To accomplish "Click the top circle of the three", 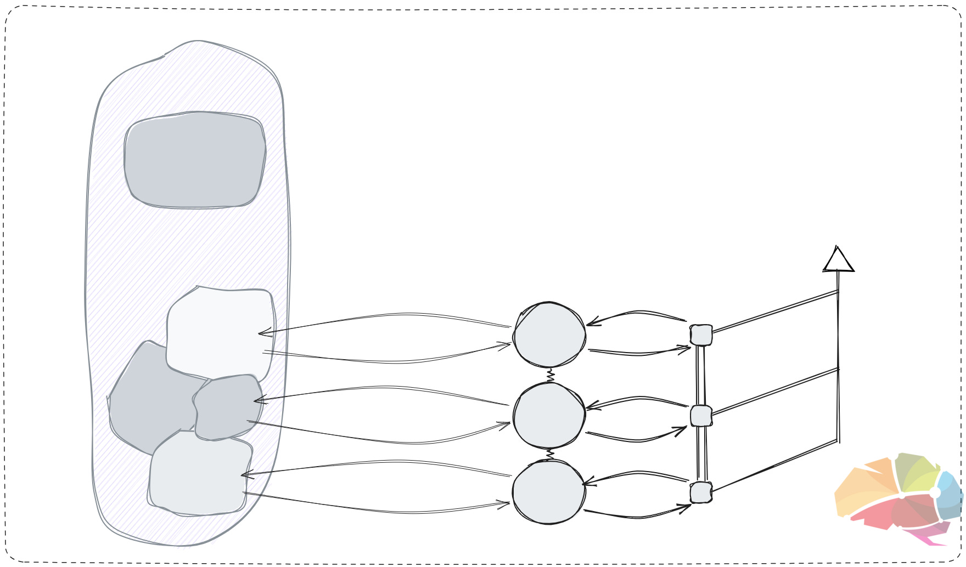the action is tap(549, 334).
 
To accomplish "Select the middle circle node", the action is tap(549, 416).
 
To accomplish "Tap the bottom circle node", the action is tap(549, 492).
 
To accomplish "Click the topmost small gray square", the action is tap(701, 335).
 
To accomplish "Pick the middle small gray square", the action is tap(701, 416).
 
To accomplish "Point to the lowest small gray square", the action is tap(701, 492).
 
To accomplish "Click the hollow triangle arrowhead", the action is tap(838, 260).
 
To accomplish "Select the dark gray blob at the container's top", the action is tap(195, 160).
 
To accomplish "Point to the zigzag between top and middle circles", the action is tap(550, 376).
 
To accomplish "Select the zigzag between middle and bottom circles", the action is tap(549, 455).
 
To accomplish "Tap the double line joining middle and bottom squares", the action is tap(701, 454).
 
